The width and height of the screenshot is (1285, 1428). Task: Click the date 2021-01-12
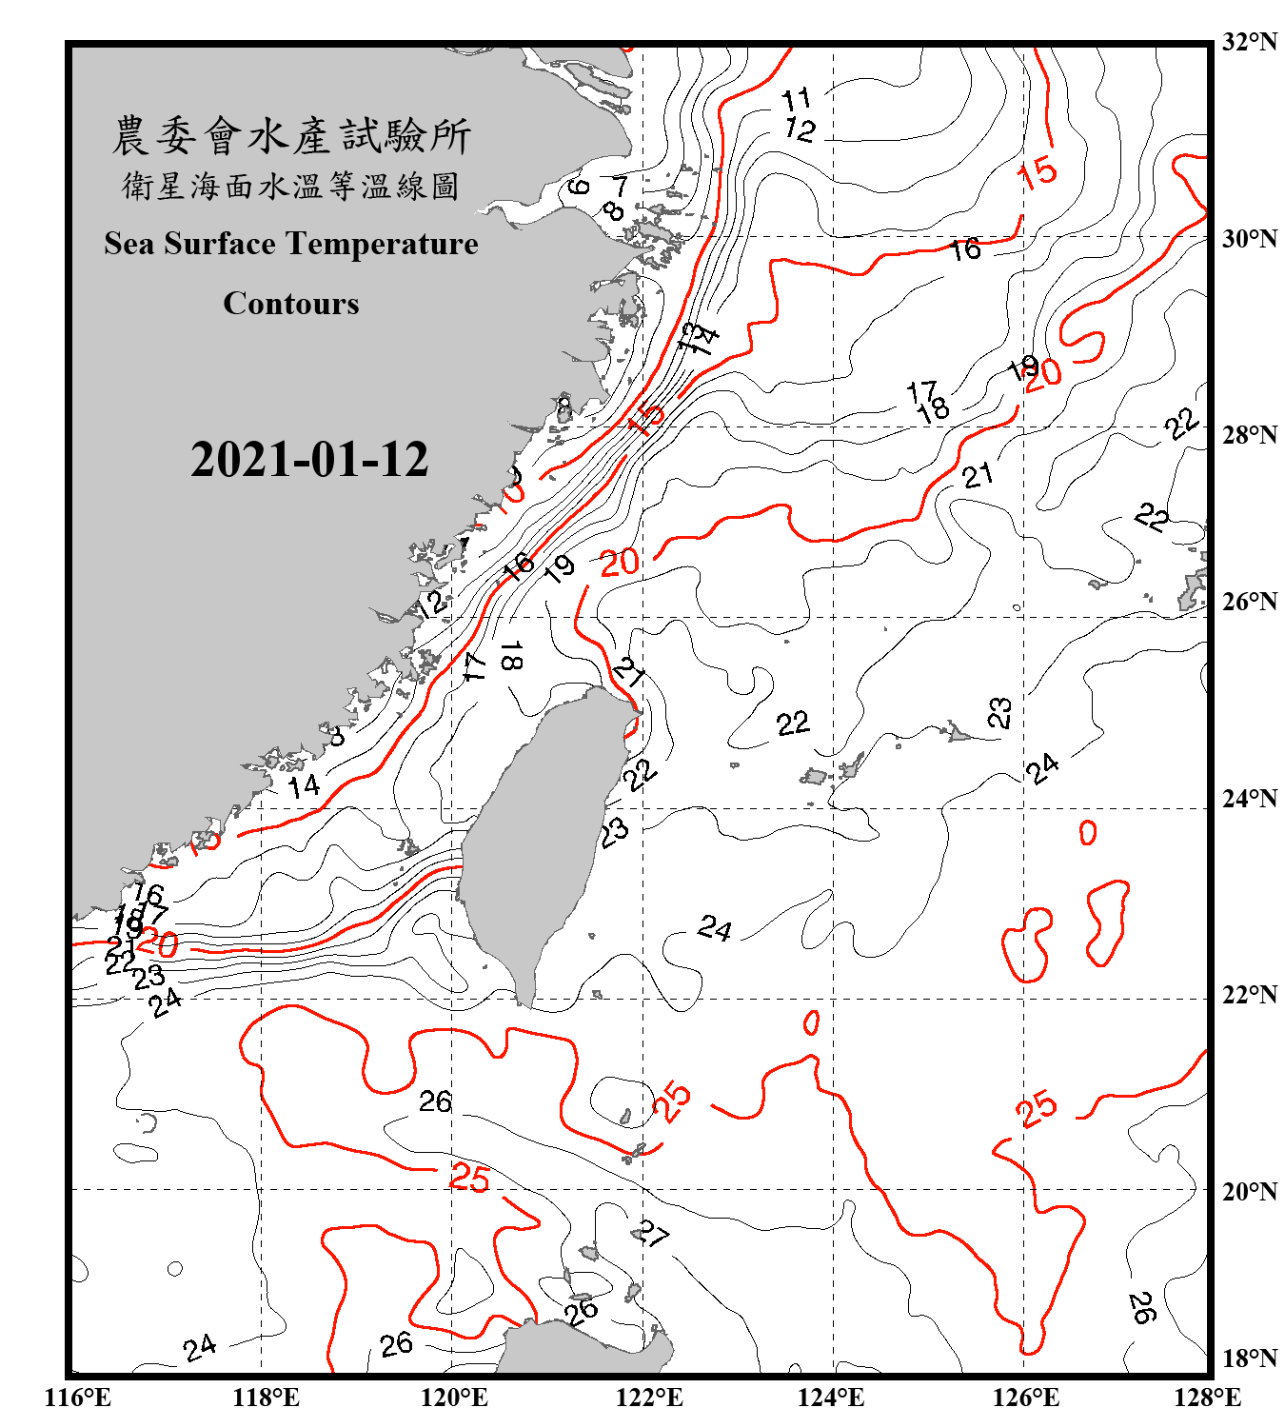coord(309,459)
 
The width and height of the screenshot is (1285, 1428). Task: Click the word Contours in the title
coord(291,303)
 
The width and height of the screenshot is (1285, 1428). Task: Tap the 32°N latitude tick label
coord(1249,42)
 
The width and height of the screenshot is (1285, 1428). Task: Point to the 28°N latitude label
coord(1249,435)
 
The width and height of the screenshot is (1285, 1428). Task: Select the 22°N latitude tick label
coord(1249,995)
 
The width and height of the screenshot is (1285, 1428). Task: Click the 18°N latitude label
coord(1249,1359)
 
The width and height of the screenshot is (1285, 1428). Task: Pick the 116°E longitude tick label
coord(77,1398)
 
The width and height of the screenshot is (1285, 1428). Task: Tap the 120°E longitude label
coord(454,1398)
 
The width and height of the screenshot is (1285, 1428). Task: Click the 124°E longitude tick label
coord(831,1398)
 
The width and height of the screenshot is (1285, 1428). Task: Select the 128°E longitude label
coord(1207,1398)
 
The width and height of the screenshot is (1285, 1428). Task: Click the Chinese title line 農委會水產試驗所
coord(291,136)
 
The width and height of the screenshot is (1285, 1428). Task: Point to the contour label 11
coord(796,98)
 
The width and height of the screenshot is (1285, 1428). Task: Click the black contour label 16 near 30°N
coord(965,249)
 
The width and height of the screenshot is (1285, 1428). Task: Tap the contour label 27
coord(653,1234)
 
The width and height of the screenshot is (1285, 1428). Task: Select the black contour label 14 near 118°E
coord(305,786)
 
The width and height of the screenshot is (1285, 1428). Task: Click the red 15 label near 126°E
coord(1037,172)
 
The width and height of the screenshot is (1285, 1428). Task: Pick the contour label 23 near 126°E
coord(999,712)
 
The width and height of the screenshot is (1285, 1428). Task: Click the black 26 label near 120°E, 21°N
coord(435,1101)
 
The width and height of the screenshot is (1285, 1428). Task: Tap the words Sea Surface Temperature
coord(291,244)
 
